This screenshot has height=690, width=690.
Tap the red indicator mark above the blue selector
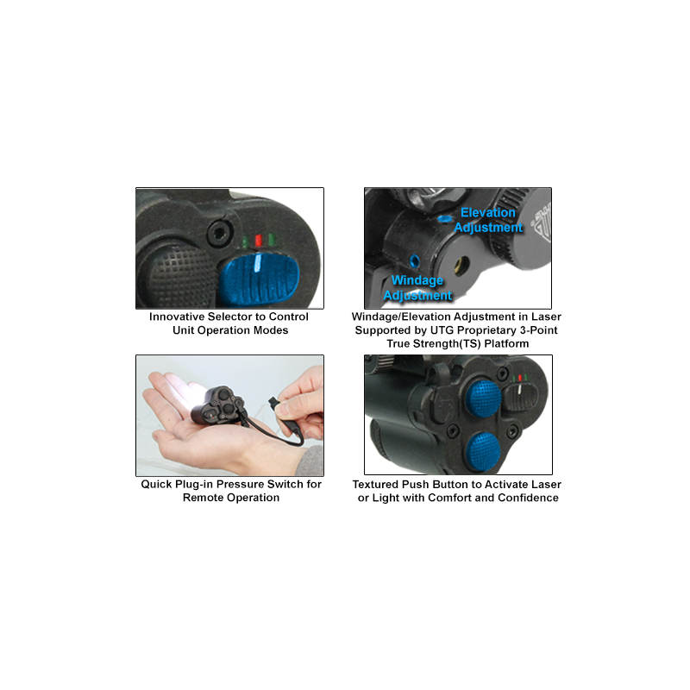pos(258,241)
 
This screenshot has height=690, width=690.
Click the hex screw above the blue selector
pos(218,233)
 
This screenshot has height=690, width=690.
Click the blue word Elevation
pos(487,212)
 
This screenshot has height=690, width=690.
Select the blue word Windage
pos(417,280)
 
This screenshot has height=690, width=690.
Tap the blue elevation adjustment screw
pos(444,218)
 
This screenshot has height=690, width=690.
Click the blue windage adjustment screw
pos(414,261)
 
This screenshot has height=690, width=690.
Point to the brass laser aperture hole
pos(461,266)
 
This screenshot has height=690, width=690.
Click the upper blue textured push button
pos(483,398)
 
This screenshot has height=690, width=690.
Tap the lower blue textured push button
pos(483,450)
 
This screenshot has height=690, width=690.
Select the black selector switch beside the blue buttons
pos(521,397)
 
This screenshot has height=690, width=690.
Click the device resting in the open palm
pos(219,405)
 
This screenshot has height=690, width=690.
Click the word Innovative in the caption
pos(177,317)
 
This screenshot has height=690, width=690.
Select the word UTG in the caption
pos(442,330)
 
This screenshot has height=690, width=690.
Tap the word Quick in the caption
pos(156,485)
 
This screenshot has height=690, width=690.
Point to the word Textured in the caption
pos(375,485)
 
